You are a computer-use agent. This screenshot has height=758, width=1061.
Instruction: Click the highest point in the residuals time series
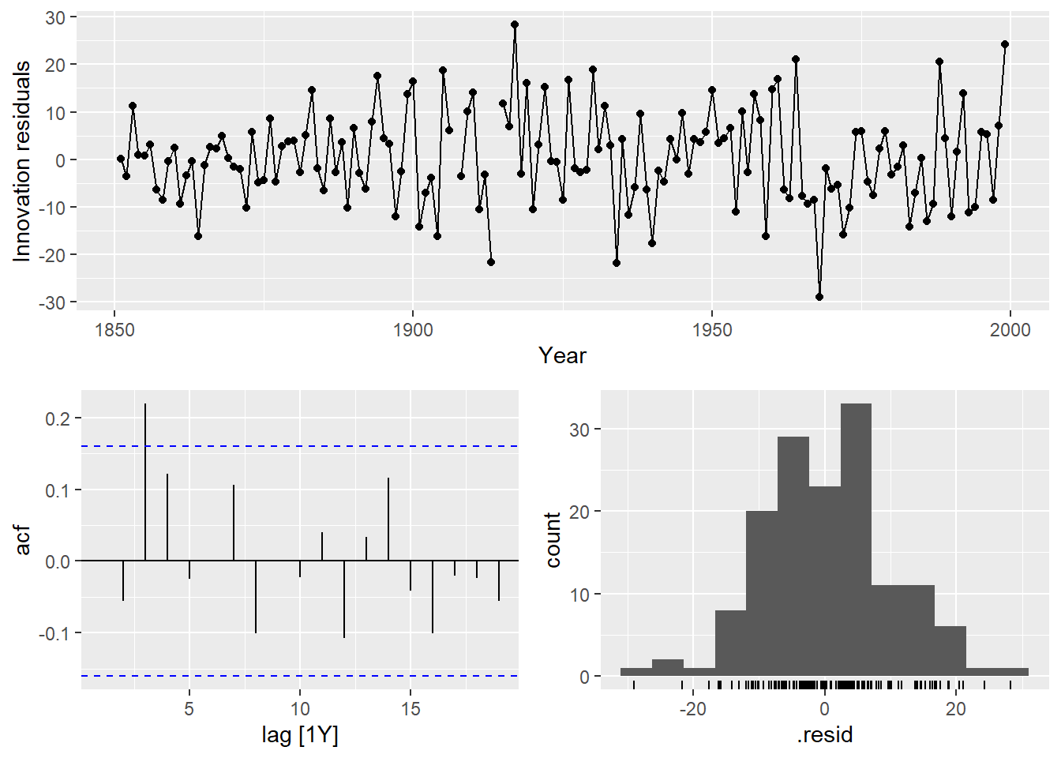tap(515, 24)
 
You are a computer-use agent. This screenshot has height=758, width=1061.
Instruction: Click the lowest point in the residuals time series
tap(819, 297)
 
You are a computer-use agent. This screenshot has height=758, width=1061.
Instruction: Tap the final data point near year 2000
tap(1005, 44)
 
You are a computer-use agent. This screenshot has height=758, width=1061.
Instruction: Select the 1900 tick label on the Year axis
tap(413, 330)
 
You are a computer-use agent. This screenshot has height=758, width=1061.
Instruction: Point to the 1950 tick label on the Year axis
tap(711, 330)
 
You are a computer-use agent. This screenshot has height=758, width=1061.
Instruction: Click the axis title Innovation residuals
tap(22, 160)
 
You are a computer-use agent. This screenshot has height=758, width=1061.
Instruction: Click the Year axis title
tap(562, 356)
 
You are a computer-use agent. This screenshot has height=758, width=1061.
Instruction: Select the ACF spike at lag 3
tap(145, 482)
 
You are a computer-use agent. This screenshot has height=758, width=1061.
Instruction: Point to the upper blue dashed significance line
tap(300, 446)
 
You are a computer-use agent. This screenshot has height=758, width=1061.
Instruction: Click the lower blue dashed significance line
tap(300, 676)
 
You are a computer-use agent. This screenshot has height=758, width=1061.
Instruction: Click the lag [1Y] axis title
tap(300, 736)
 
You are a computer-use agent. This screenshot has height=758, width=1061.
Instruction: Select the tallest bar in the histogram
tap(856, 540)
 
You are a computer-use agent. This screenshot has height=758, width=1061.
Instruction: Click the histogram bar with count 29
tap(793, 557)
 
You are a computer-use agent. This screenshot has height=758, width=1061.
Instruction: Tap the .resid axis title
tap(825, 736)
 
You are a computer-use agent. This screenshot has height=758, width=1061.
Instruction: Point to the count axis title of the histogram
tap(553, 539)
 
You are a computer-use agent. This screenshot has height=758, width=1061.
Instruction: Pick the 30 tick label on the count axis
tap(579, 430)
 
